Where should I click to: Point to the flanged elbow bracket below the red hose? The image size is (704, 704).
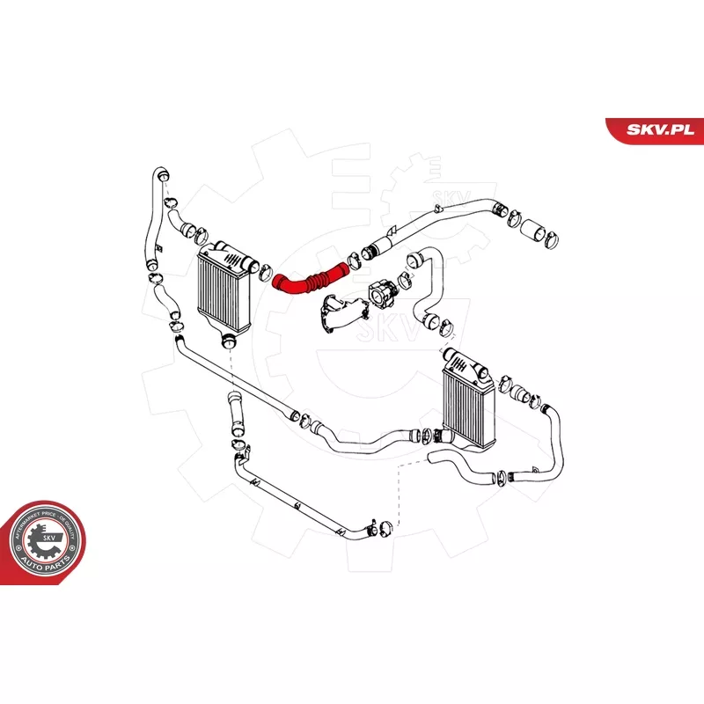pyautogui.click(x=338, y=313)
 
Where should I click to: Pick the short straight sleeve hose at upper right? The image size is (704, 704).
pyautogui.click(x=535, y=231)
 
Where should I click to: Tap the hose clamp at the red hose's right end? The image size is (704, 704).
pyautogui.click(x=354, y=260)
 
